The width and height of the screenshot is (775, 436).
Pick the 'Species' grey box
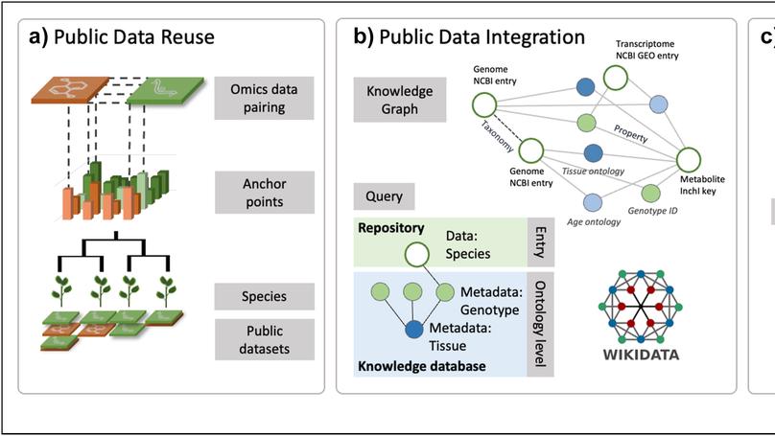click(x=264, y=296)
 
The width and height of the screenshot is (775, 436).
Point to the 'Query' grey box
click(x=384, y=198)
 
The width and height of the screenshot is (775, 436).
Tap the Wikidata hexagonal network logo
click(x=641, y=308)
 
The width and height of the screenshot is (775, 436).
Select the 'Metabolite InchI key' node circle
click(x=692, y=160)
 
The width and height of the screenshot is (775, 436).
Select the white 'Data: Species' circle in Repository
click(x=415, y=255)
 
